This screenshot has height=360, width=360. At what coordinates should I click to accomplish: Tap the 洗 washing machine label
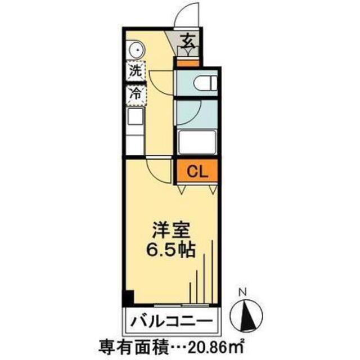(134, 72)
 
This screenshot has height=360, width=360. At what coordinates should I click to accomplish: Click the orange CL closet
(196, 171)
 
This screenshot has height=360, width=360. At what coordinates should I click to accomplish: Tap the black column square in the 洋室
(129, 298)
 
